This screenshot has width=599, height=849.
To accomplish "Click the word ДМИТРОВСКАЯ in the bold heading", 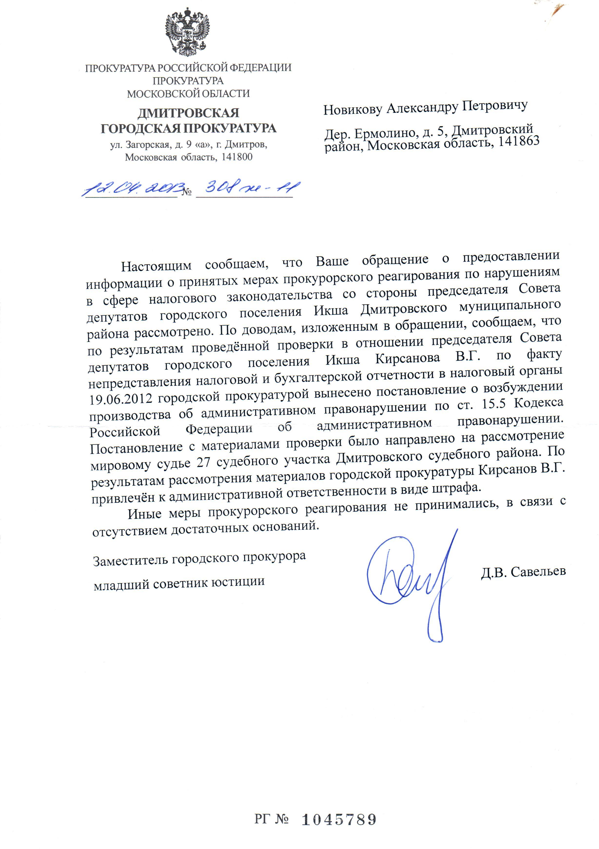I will [x=188, y=113].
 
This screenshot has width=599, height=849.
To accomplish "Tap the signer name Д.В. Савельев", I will [x=523, y=572].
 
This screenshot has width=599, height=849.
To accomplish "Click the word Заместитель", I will [x=131, y=561].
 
